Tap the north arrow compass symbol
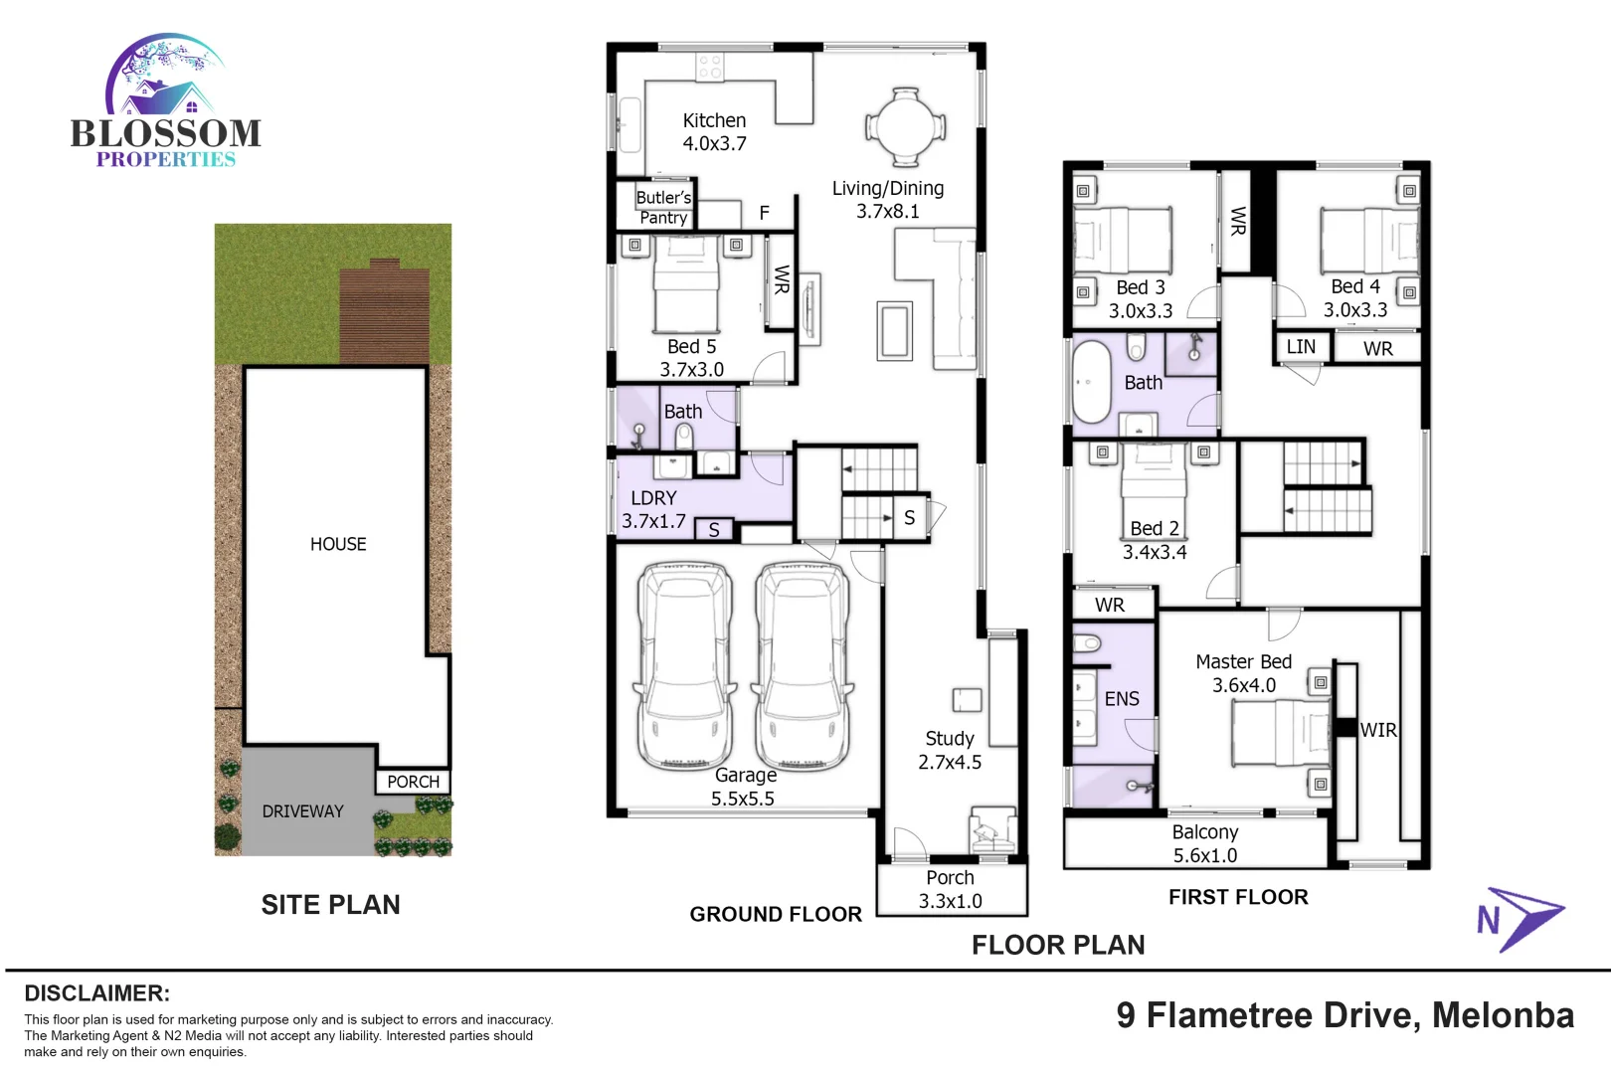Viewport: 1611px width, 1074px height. [x=1520, y=918]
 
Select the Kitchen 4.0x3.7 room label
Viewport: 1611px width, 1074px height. [x=714, y=131]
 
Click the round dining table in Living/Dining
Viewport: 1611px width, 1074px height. [x=905, y=127]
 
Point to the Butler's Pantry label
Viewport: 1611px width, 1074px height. [x=662, y=207]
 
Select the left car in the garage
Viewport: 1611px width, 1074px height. [x=686, y=666]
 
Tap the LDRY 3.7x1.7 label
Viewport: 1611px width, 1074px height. [x=653, y=509]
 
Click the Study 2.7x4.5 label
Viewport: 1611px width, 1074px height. [x=950, y=750]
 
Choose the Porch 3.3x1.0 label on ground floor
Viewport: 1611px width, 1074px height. [x=951, y=889]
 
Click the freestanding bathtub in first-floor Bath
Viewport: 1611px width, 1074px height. [x=1091, y=383]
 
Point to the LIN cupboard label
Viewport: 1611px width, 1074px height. [x=1301, y=347]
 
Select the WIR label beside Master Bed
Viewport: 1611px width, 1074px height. [x=1378, y=730]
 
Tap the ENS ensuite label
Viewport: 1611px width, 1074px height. [x=1122, y=699]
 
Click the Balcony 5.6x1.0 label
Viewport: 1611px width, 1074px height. [x=1205, y=843]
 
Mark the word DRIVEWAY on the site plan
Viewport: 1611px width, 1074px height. [x=302, y=811]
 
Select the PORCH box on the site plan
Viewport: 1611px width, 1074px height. [x=413, y=782]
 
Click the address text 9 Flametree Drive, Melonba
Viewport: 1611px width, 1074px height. [x=1344, y=1015]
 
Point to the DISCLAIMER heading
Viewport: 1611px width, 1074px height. [x=96, y=993]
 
